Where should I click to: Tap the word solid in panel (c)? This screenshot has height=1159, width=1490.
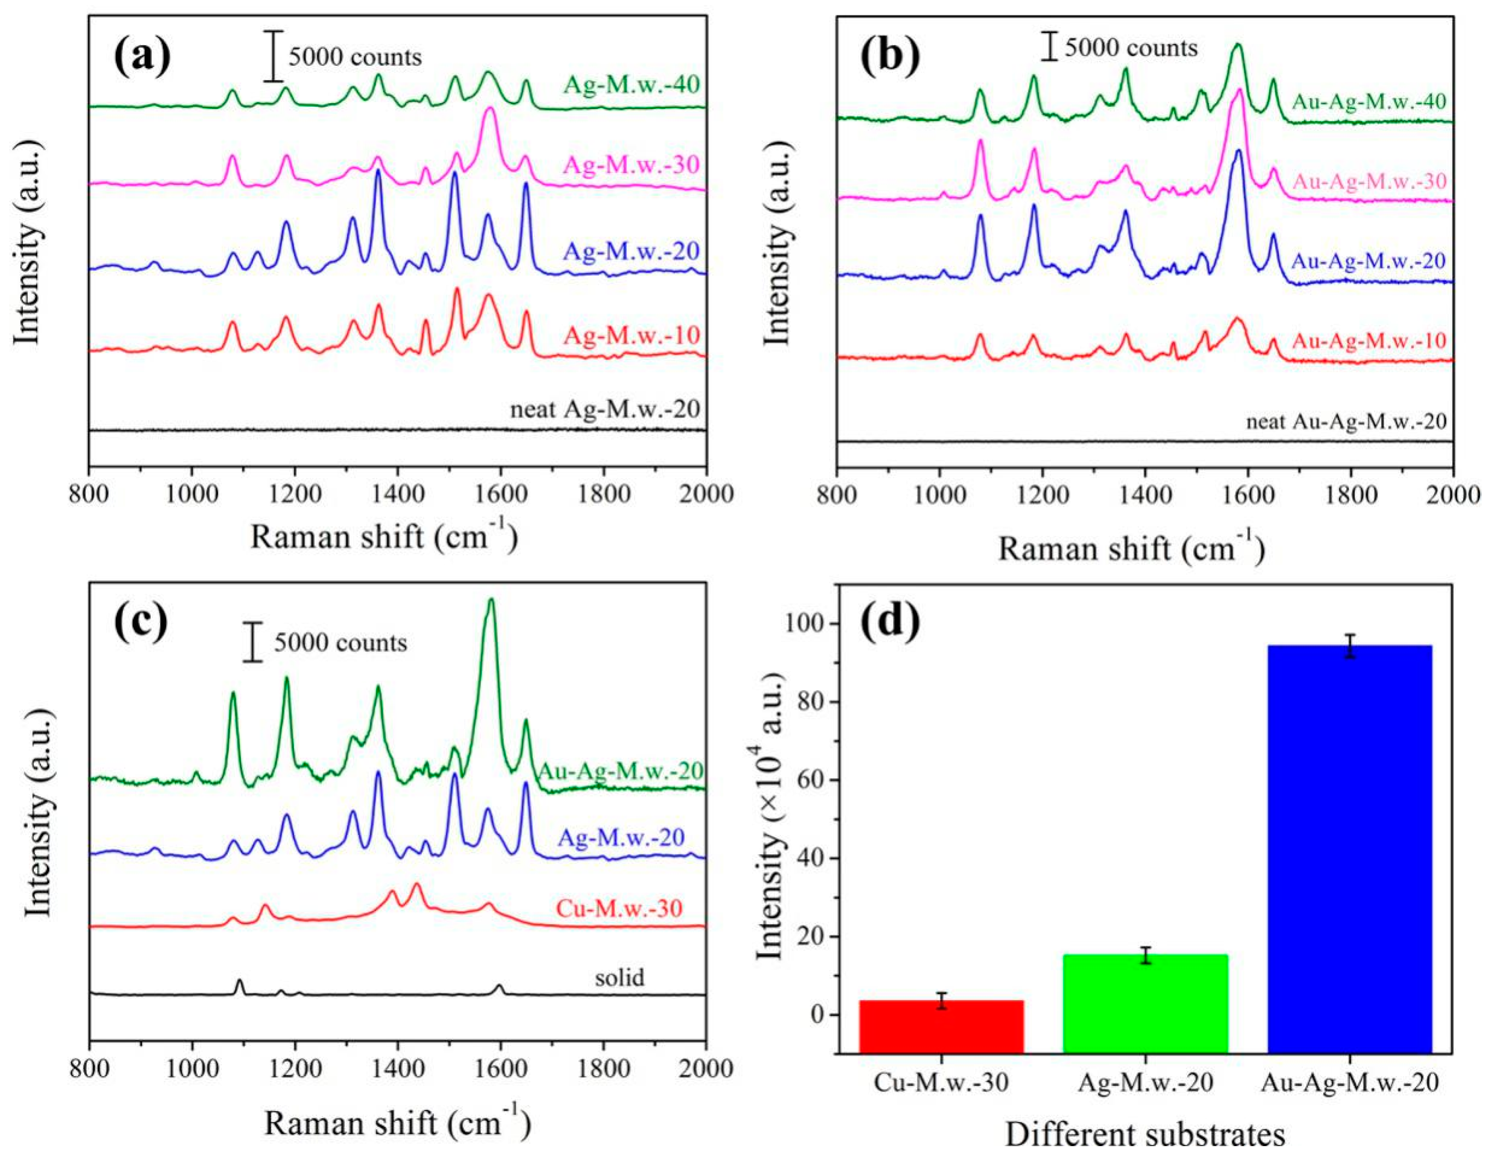click(x=619, y=978)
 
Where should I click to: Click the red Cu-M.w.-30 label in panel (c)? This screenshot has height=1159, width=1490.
click(x=619, y=908)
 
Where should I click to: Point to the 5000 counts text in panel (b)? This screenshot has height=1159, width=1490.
click(x=1131, y=48)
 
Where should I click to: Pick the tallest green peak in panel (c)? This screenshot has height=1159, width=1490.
click(x=491, y=601)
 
